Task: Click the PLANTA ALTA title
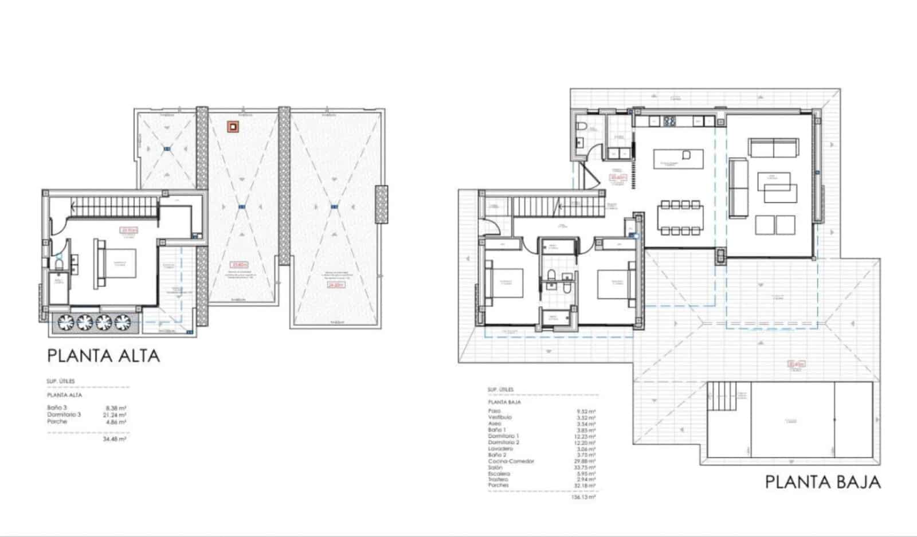(103, 356)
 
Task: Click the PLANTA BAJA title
(822, 482)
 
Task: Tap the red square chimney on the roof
(233, 127)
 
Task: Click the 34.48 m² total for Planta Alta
(114, 439)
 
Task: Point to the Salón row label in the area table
(495, 468)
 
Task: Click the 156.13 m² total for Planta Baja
(583, 497)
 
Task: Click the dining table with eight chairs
(680, 217)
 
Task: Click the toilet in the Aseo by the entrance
(581, 127)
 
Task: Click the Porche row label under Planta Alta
(57, 421)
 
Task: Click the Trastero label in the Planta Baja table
(498, 480)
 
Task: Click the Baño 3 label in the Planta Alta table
(56, 407)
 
